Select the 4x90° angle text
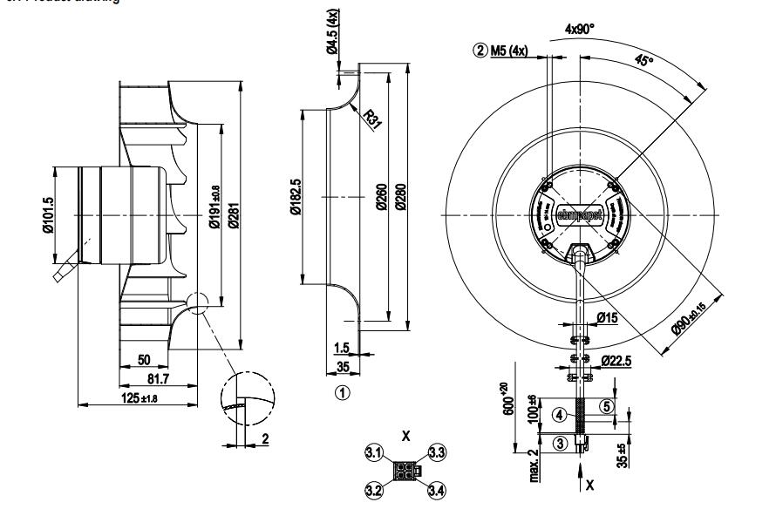[580, 29]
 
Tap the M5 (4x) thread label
[505, 50]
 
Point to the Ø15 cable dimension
[608, 317]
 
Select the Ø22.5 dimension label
[616, 359]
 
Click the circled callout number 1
[344, 392]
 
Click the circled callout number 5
[607, 405]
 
